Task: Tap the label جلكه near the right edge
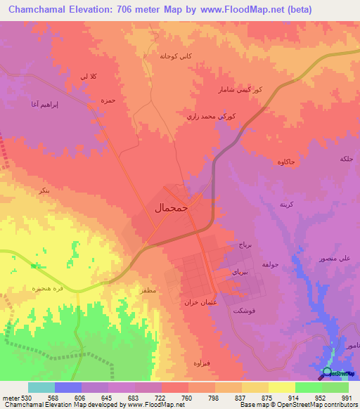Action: pos(347,159)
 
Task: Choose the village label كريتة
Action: pos(286,204)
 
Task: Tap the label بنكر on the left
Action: pos(44,190)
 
